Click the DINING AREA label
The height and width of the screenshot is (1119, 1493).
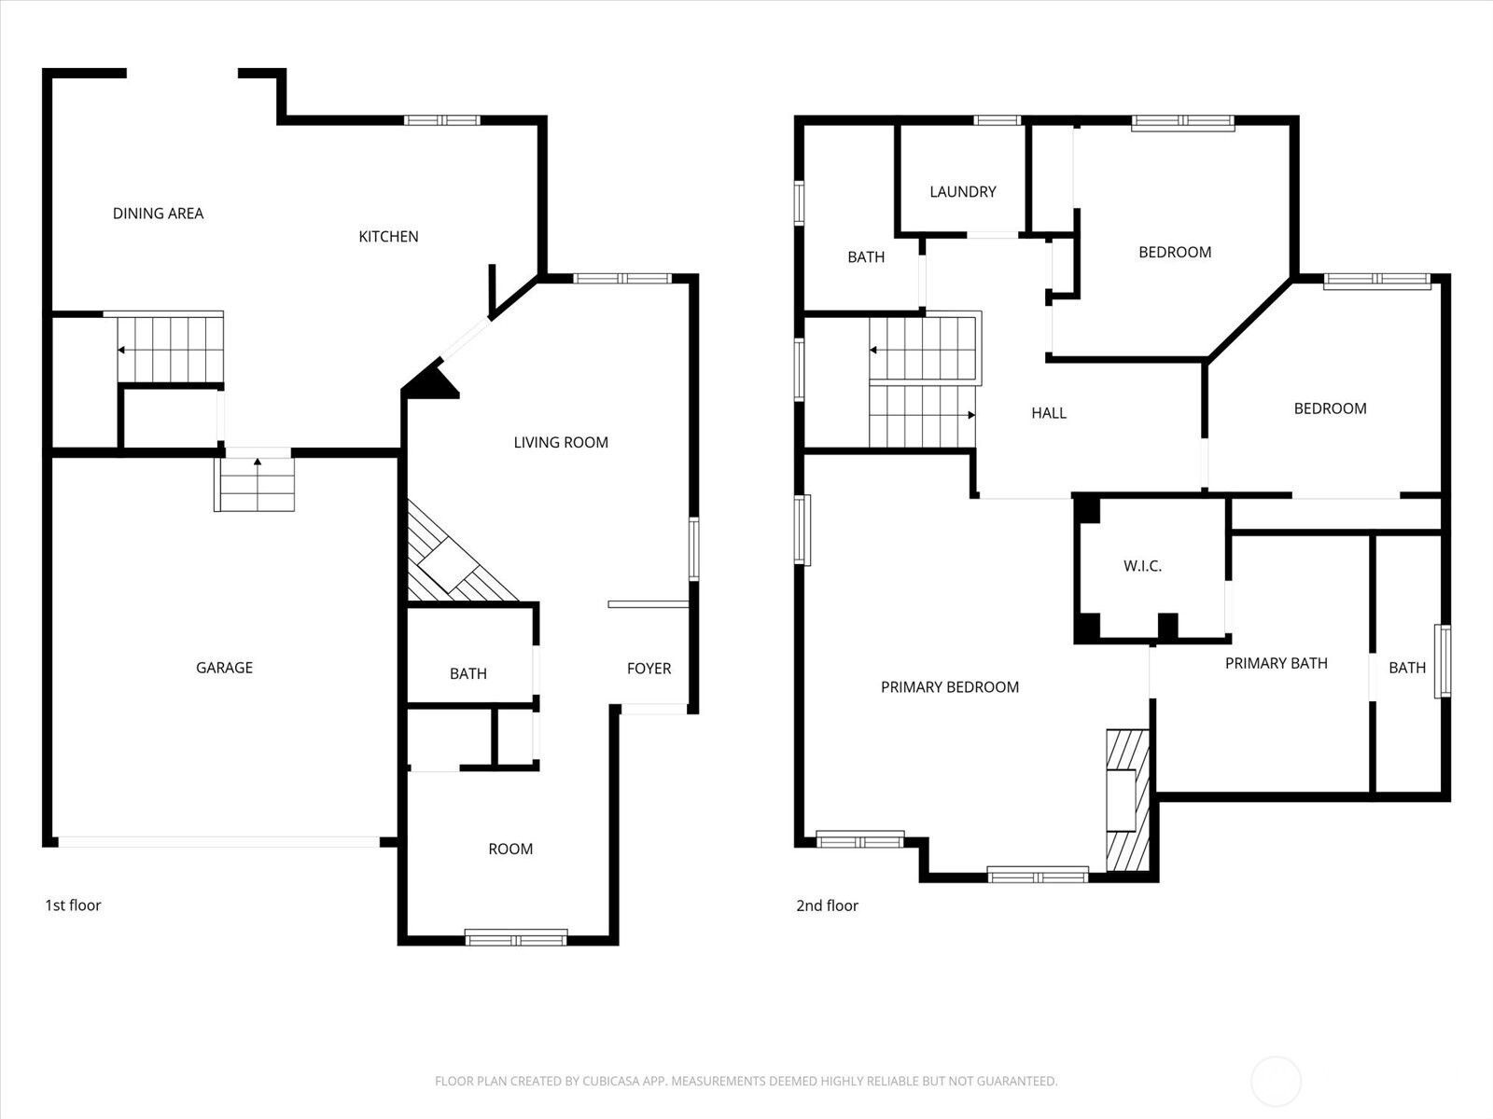point(158,214)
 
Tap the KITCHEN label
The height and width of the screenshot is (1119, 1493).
point(388,237)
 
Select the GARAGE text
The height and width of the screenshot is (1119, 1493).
point(225,668)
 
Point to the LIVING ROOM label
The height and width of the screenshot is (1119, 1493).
point(561,442)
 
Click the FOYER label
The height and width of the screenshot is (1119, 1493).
point(649,669)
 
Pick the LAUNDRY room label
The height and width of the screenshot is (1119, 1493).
point(963,191)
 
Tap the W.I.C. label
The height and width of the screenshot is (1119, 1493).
point(1143,566)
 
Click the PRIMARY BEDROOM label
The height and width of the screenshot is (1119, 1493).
point(950,687)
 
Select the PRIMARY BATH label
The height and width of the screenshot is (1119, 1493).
point(1277,663)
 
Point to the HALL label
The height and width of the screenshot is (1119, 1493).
point(1049,413)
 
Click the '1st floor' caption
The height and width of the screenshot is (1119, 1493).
point(73,905)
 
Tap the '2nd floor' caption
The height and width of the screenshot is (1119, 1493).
point(827,905)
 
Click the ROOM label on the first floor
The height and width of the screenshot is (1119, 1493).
point(510,849)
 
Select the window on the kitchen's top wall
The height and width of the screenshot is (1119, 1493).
point(442,120)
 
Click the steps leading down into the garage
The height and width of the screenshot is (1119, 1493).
point(255,484)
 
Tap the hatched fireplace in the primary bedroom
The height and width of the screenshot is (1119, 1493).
point(1128,800)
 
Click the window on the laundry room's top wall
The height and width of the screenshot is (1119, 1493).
point(998,120)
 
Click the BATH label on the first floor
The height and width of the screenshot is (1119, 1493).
point(468,674)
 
